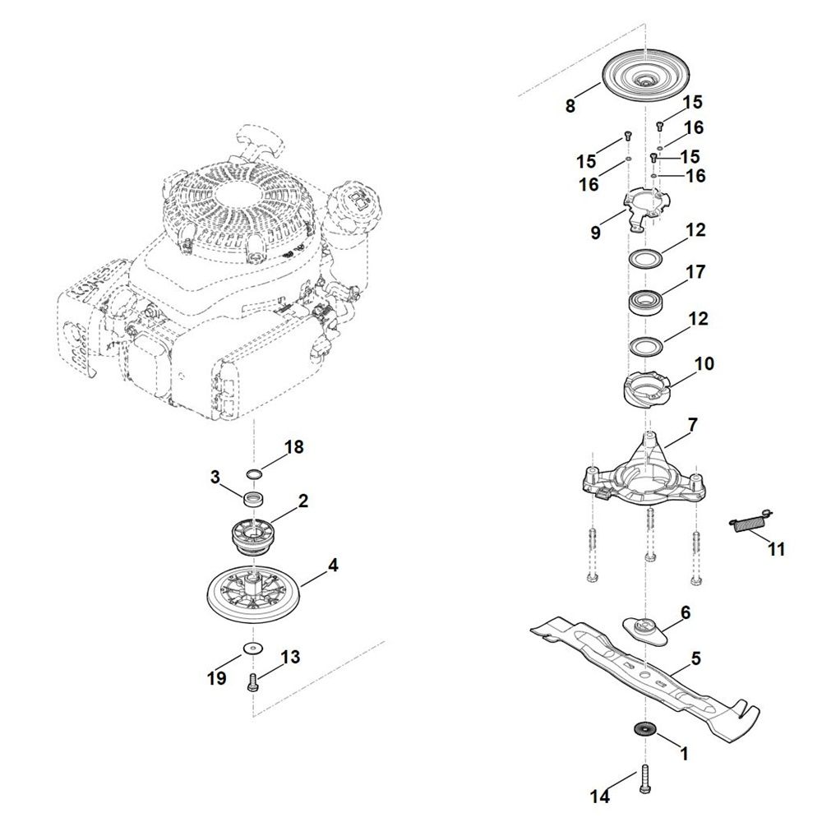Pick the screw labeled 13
click(252, 684)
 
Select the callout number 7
click(692, 425)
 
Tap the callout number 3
click(215, 477)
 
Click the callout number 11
click(776, 549)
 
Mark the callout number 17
click(695, 271)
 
